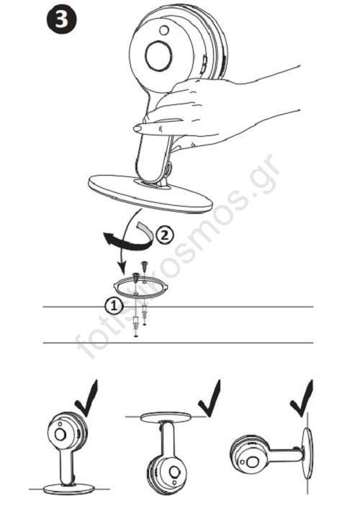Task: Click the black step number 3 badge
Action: coord(62,19)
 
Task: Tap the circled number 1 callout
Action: coord(114,306)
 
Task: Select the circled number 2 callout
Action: coord(165,235)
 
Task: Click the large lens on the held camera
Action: coord(158,56)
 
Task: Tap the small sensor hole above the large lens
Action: coord(163,30)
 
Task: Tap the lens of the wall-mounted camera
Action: coord(252,463)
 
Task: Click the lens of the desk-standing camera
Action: coord(60,434)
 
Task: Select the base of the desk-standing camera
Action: coord(69,488)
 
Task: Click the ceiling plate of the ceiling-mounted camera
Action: coord(166,417)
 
